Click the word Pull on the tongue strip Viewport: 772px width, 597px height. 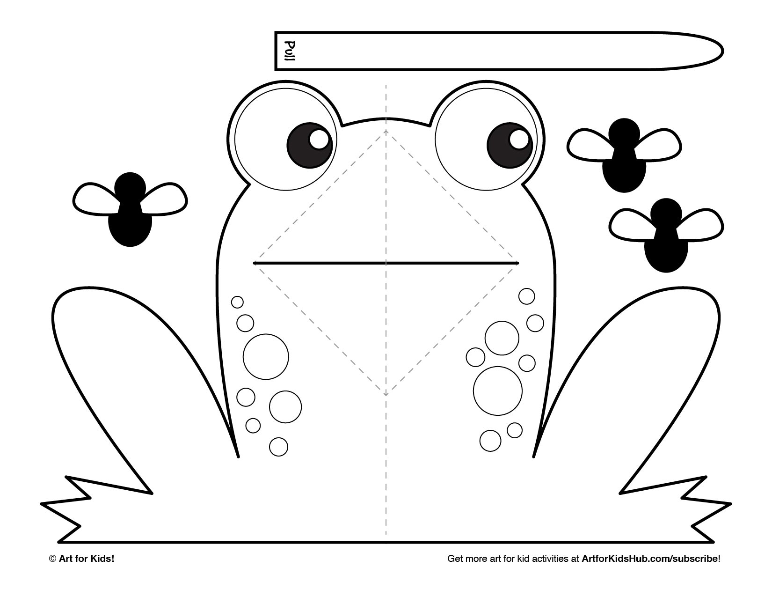tap(290, 51)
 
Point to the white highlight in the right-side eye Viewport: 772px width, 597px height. tap(519, 139)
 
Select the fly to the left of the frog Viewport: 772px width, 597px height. tap(130, 209)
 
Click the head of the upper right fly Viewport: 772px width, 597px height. tap(624, 134)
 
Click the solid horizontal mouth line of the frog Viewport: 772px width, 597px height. tap(386, 263)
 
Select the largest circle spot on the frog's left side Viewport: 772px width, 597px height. tap(266, 357)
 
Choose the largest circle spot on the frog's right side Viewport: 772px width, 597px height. tap(498, 391)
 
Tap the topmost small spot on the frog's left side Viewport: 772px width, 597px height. tap(237, 302)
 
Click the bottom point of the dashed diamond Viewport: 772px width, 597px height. tap(386, 396)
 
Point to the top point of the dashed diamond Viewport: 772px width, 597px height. tap(386, 130)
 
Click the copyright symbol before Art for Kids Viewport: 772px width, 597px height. tap(52, 559)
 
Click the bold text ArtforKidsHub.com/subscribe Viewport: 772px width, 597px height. tap(649, 559)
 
